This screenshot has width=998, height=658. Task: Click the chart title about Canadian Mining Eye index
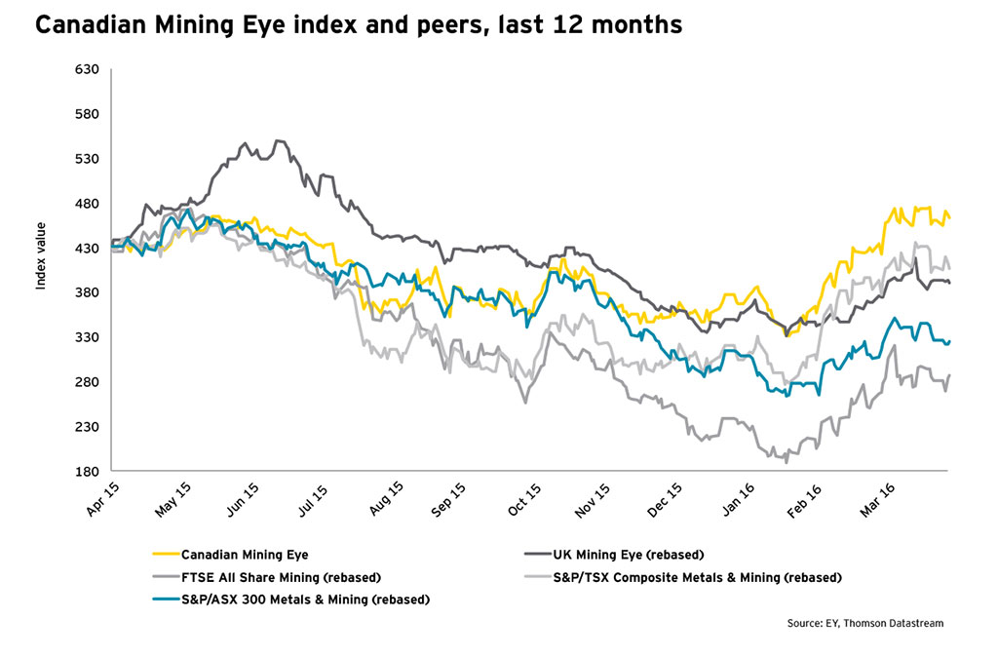click(358, 26)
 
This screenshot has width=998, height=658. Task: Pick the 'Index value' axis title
click(41, 267)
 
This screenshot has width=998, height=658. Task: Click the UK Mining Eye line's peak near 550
click(280, 140)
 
